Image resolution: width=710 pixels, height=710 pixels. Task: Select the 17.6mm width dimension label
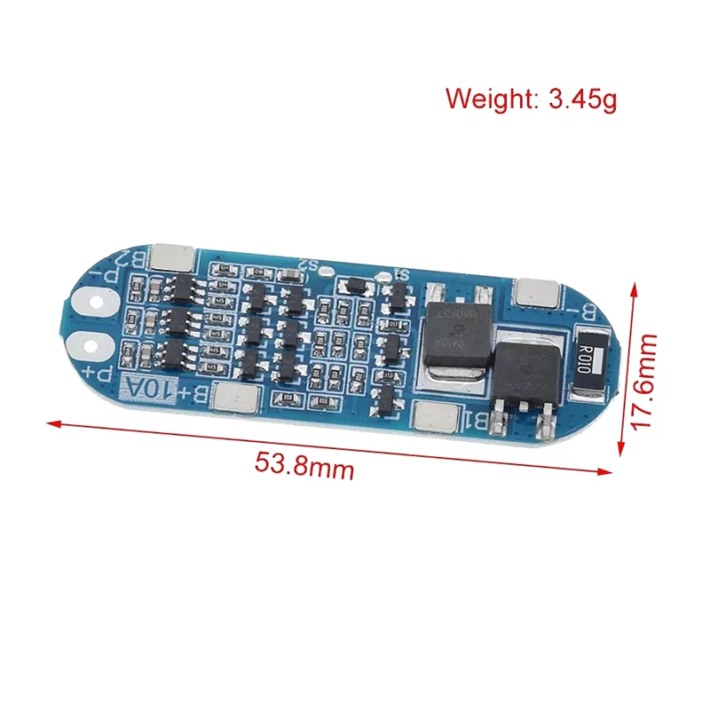pos(645,382)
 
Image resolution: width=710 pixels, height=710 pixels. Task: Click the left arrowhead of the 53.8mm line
pos(51,422)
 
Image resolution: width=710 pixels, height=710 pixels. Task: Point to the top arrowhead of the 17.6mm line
pos(635,287)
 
